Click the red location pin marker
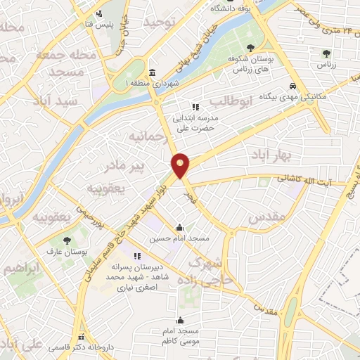click(x=181, y=165)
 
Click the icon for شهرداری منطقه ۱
click(x=153, y=73)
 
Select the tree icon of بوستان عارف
click(x=67, y=240)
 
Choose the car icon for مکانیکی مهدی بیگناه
click(x=293, y=89)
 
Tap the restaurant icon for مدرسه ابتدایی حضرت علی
click(x=195, y=107)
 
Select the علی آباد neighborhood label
click(x=18, y=345)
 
